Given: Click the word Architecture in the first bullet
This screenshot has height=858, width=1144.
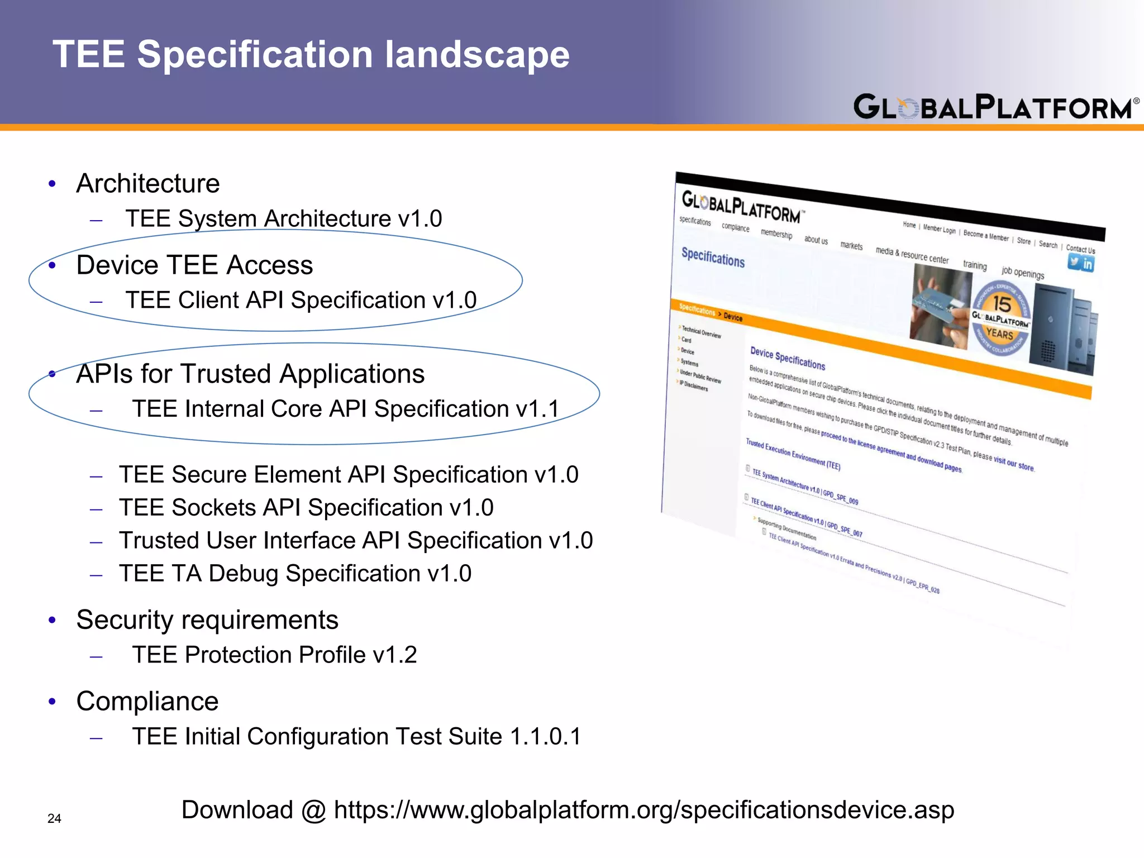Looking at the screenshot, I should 148,184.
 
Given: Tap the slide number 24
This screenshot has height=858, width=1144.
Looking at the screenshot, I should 54,818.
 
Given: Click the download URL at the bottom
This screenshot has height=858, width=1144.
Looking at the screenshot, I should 643,810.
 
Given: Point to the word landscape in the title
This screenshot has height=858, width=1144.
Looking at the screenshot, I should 478,55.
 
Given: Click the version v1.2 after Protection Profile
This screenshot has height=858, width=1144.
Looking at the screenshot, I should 395,655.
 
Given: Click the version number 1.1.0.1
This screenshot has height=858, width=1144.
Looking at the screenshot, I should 546,736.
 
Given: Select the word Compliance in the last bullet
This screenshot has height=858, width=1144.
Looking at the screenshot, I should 147,702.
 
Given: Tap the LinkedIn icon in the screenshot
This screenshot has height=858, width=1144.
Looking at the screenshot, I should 1087,264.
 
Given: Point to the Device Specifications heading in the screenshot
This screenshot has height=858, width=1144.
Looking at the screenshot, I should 788,358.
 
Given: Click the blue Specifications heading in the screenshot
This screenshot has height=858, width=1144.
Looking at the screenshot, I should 713,258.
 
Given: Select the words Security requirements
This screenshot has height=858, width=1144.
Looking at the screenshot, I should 207,620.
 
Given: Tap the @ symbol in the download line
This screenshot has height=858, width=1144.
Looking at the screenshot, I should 313,811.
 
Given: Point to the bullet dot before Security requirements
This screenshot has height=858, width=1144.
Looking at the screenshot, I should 52,620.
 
